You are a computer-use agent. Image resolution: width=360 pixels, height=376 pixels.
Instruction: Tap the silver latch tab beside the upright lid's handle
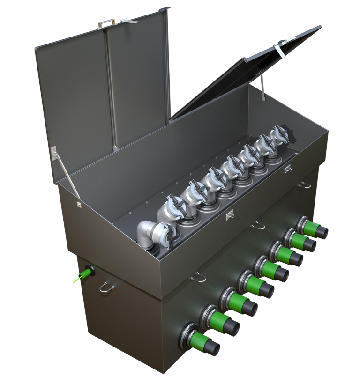tap(126, 21)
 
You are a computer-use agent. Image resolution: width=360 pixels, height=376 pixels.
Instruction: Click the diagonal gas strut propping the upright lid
tap(65, 173)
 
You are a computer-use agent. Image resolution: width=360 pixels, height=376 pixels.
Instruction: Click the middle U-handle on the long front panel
tap(257, 225)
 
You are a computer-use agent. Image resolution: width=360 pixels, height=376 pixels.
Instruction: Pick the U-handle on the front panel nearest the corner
tap(199, 278)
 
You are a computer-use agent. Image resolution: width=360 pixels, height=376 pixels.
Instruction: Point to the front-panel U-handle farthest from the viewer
tap(304, 184)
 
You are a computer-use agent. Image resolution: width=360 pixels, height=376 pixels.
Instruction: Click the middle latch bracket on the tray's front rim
tap(230, 215)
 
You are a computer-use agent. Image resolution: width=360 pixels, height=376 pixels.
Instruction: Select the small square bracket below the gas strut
tap(78, 204)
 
